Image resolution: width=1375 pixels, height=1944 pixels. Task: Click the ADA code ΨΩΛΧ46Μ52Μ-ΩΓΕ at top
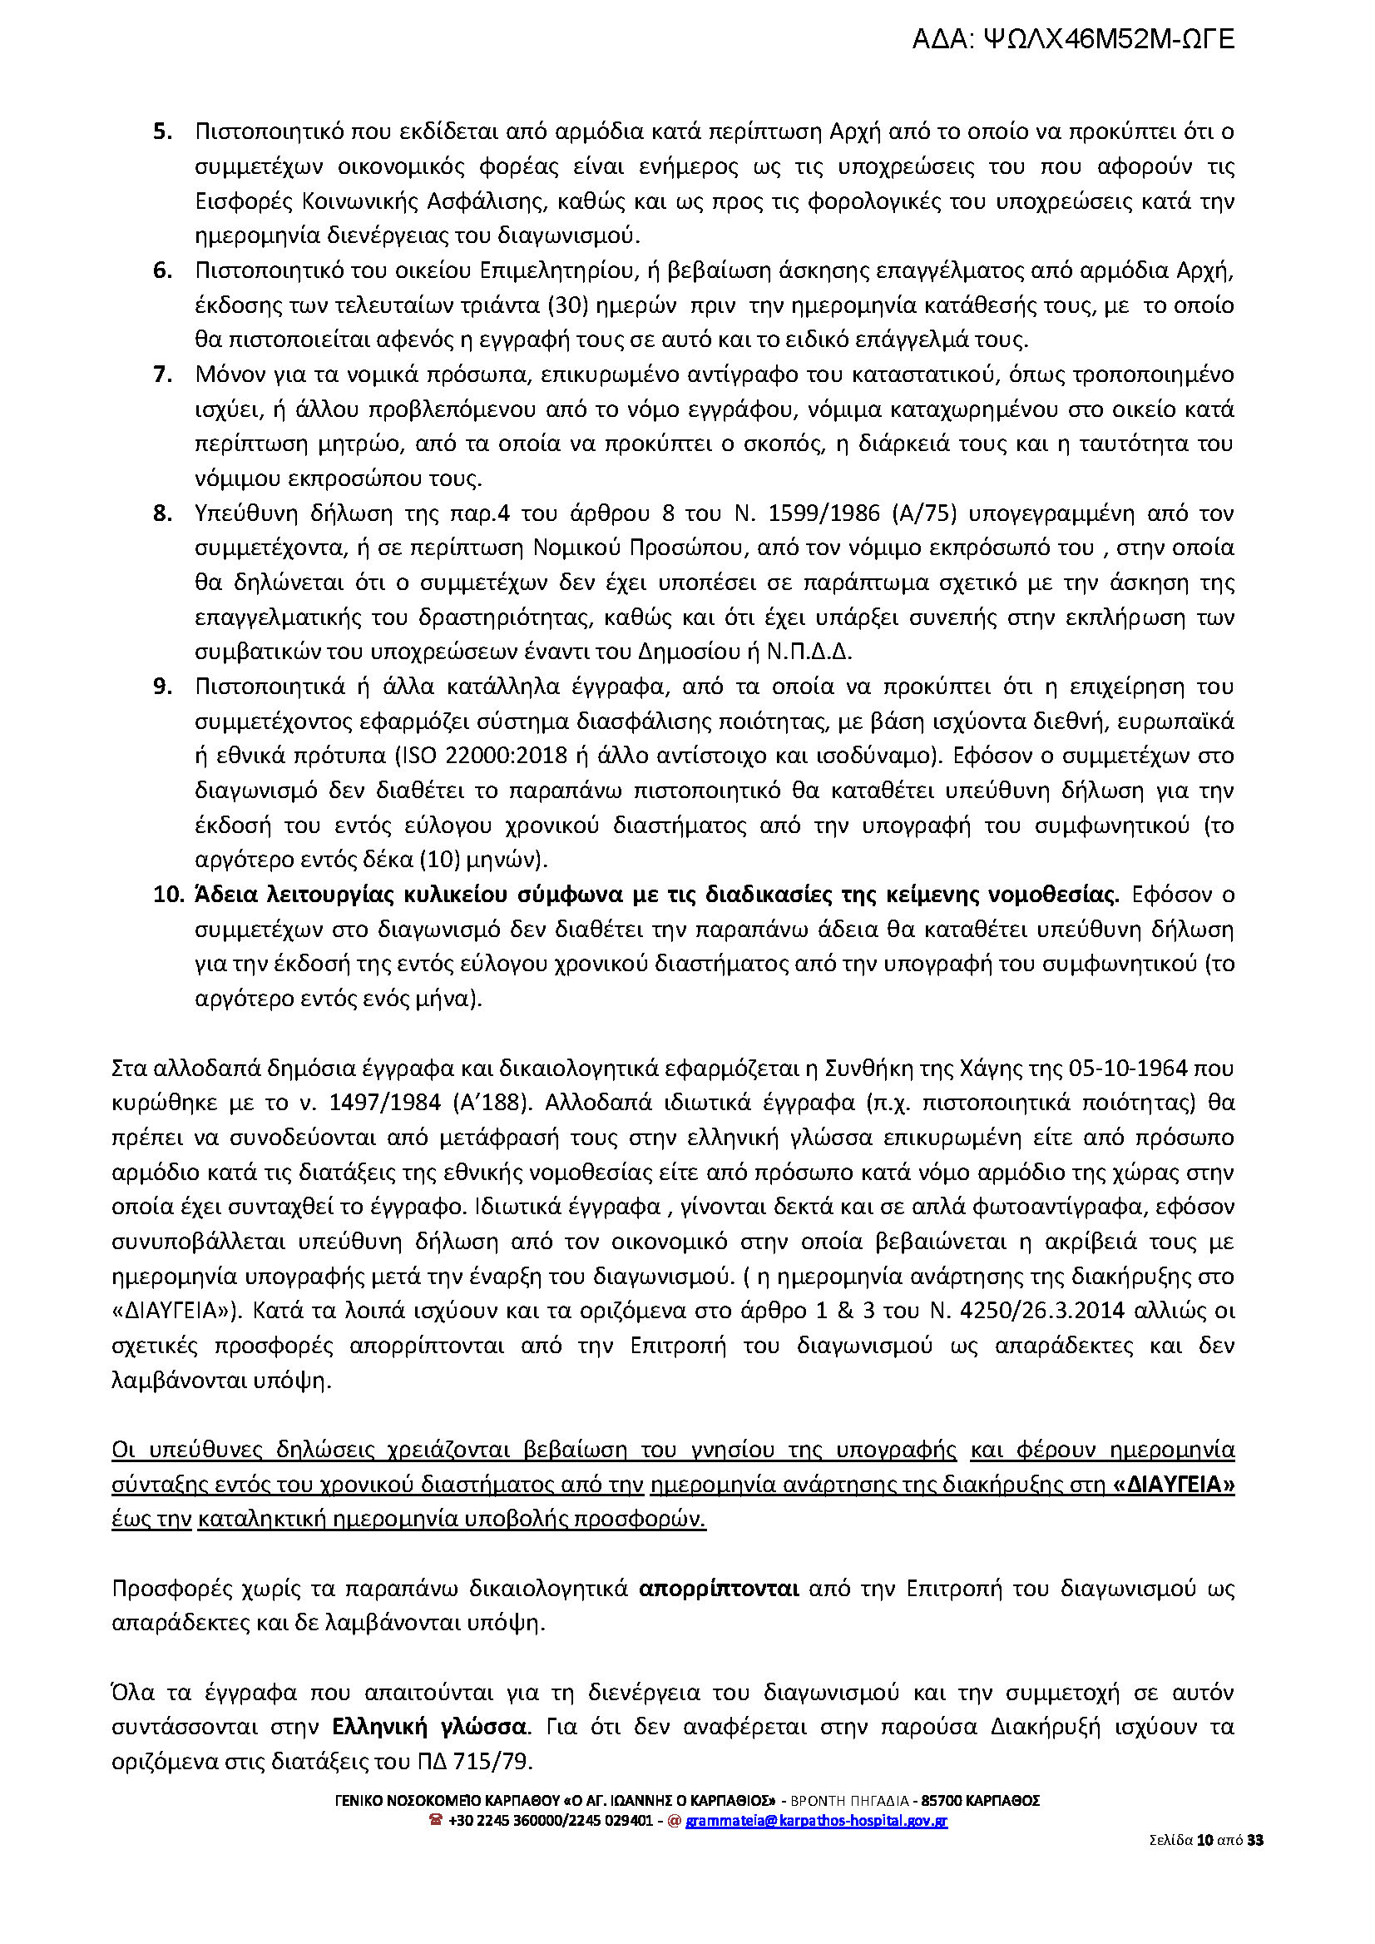1109,39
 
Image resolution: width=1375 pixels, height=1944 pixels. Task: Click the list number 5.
162,131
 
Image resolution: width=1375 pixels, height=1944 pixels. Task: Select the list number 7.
162,374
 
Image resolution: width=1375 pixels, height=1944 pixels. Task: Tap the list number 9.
162,687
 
